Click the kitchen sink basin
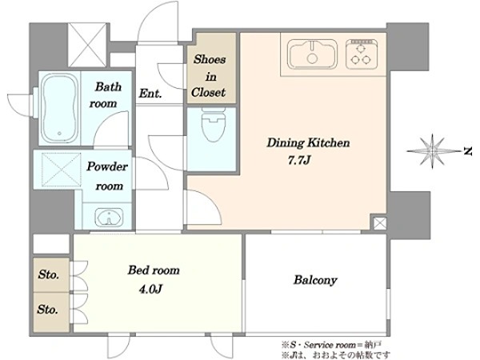[x=312, y=54]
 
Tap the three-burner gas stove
[x=362, y=54]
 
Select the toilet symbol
[x=214, y=124]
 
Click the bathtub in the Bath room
[x=59, y=108]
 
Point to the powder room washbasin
[x=109, y=217]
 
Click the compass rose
[x=432, y=151]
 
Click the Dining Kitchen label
[x=308, y=142]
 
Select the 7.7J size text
[x=299, y=160]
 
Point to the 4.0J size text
[x=150, y=289]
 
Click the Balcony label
[x=315, y=280]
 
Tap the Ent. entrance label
[x=150, y=93]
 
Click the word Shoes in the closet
[x=210, y=59]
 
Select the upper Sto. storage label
[x=48, y=274]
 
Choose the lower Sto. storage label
[x=47, y=309]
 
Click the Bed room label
[x=154, y=270]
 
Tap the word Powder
[x=107, y=166]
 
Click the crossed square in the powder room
[x=62, y=170]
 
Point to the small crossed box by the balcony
[x=380, y=223]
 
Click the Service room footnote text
[x=331, y=345]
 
